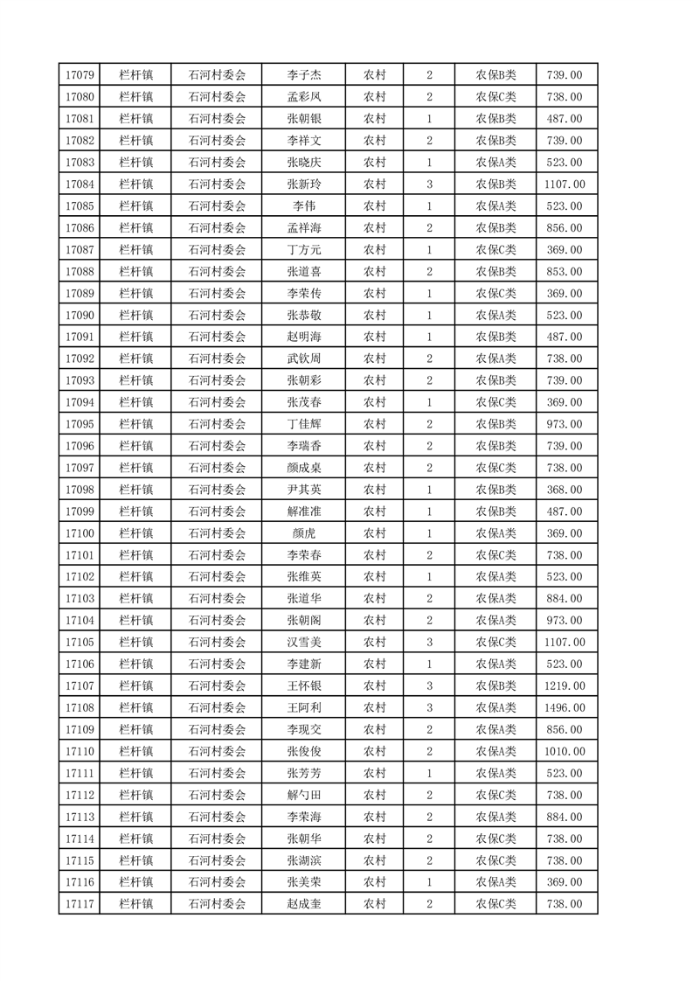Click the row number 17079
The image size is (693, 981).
[80, 75]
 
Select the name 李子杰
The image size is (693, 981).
[304, 75]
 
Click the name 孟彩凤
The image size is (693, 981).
[304, 97]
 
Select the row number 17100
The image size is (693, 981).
[80, 533]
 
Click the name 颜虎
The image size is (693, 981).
[304, 533]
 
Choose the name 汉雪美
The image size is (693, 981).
[304, 643]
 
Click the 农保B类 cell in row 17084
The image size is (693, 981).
[495, 184]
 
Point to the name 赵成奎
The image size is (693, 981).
[304, 904]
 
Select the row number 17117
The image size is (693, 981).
[80, 904]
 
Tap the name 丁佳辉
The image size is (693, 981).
[304, 424]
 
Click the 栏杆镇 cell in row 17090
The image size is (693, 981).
[135, 316]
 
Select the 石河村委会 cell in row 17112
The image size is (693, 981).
[218, 795]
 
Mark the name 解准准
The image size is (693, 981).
[304, 511]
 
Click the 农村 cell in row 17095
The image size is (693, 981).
[375, 424]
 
